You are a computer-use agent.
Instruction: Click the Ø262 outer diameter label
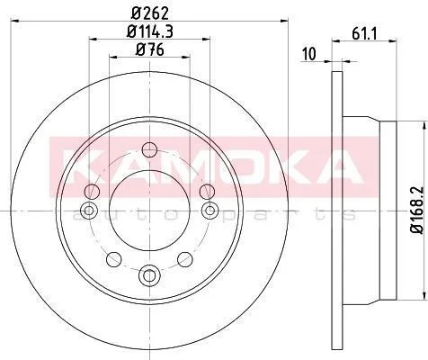(150, 13)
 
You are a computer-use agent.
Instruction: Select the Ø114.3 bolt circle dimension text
(150, 31)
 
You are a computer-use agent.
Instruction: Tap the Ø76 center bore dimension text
(150, 49)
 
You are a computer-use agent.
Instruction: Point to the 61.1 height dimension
(364, 33)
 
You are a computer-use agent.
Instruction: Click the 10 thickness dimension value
(309, 54)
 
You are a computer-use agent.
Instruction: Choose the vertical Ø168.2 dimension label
(417, 210)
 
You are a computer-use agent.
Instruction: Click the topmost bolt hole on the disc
(149, 150)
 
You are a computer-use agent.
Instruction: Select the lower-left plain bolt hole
(114, 259)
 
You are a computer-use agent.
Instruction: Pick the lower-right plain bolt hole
(185, 259)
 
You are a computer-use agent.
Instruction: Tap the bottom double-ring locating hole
(149, 274)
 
